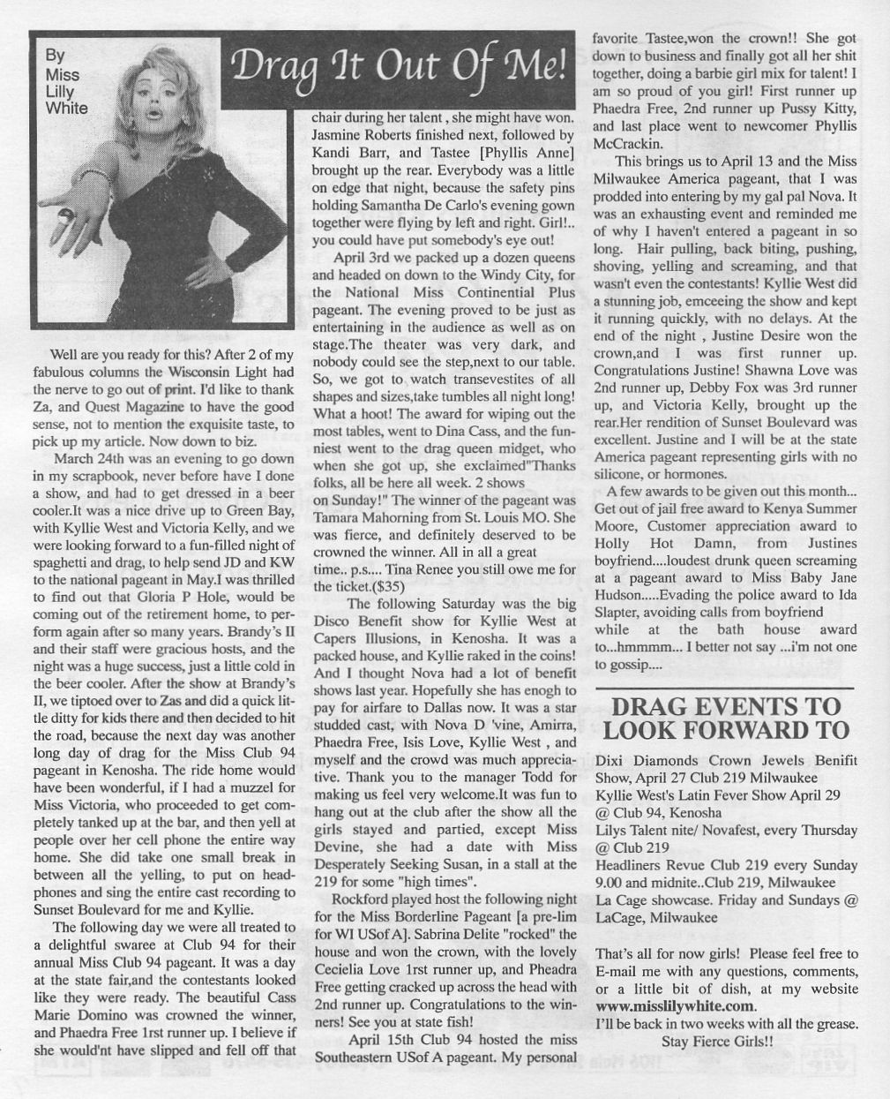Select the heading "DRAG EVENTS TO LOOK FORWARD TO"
click(x=725, y=718)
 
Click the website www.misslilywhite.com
click(x=676, y=1006)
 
